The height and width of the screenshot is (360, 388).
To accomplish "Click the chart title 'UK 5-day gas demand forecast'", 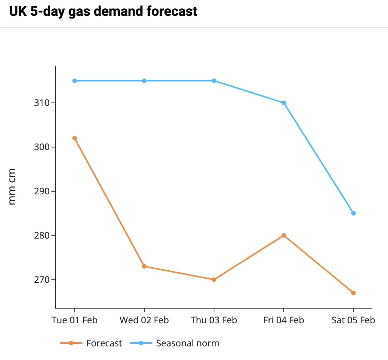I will point(103,11).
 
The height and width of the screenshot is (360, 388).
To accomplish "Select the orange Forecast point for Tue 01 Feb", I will point(74,138).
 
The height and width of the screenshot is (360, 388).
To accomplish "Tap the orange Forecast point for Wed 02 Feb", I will point(144,266).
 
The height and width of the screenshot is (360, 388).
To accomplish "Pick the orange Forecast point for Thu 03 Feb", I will point(214,279).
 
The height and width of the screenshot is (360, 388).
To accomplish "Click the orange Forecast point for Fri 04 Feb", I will point(284,235).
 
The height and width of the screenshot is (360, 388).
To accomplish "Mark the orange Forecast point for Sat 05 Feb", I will point(353,293).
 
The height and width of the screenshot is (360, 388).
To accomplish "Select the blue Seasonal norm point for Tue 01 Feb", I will point(74,81).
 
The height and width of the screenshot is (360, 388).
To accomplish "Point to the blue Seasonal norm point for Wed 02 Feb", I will point(144,81).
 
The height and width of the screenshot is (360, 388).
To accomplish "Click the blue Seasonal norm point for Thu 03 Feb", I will point(214,81).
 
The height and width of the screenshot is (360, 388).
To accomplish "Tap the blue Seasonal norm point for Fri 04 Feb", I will point(284,102).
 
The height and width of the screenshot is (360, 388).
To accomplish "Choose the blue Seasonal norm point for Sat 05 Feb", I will point(353,213).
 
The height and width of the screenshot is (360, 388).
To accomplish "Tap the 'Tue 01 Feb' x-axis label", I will point(74,320).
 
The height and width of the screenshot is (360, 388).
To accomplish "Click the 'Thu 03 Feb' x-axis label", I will point(214,320).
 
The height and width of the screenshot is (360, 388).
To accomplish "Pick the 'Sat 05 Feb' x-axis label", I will point(353,320).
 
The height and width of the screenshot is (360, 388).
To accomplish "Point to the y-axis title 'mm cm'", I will point(12,186).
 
